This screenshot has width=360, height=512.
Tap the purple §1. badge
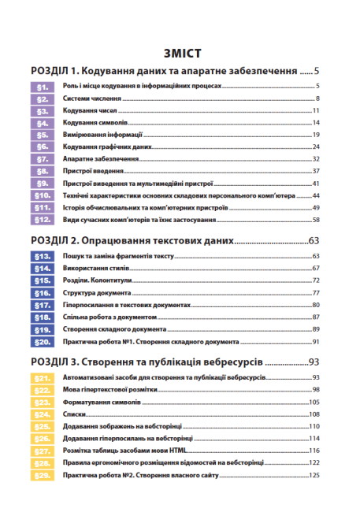(x=43, y=86)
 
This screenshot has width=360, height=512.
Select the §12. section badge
(x=43, y=219)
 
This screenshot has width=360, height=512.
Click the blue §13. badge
(x=43, y=256)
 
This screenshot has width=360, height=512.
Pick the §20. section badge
(x=43, y=342)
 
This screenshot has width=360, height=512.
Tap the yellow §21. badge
(x=43, y=378)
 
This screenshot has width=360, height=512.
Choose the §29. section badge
(x=43, y=475)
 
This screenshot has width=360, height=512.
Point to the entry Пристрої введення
(x=92, y=171)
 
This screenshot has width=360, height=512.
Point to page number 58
(x=315, y=219)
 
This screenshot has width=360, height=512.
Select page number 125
(x=314, y=475)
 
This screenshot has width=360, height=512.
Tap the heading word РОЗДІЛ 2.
(x=57, y=239)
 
